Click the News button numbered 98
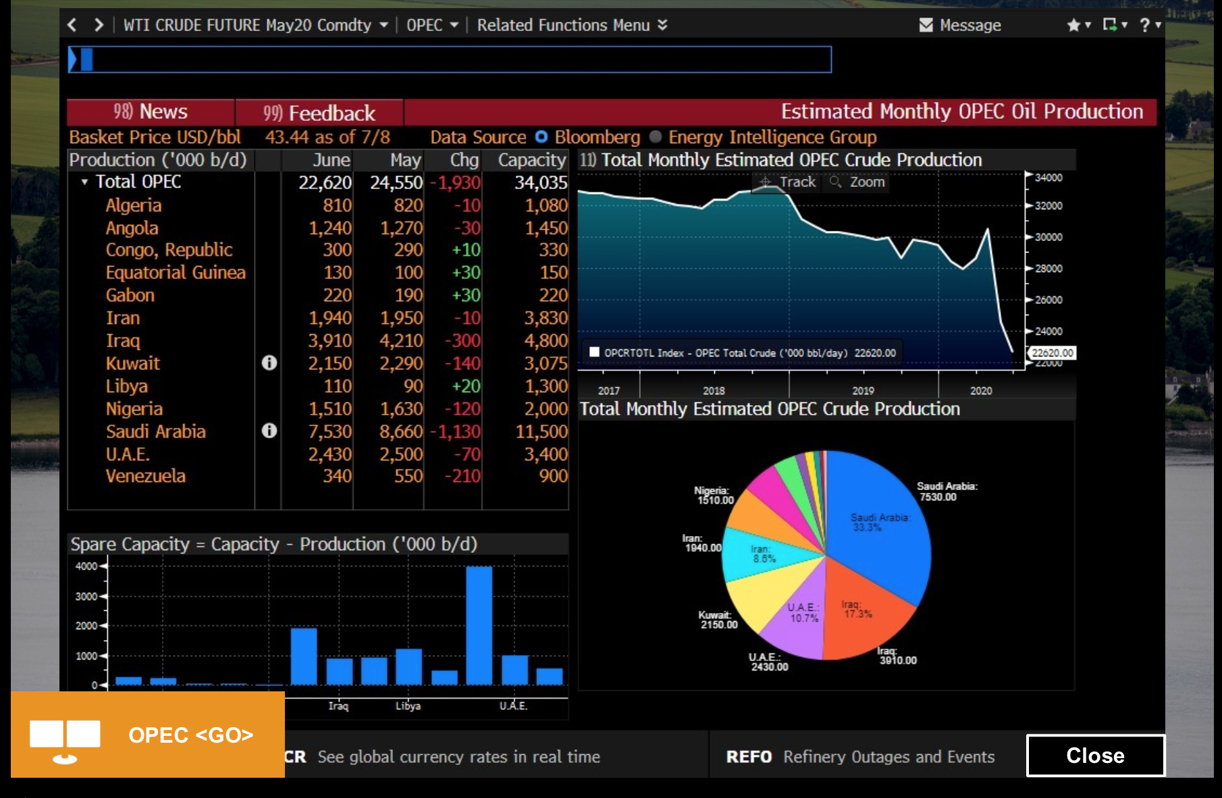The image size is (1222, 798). [151, 111]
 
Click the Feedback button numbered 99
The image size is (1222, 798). [319, 113]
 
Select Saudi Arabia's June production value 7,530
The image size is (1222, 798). [329, 431]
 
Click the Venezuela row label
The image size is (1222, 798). [145, 476]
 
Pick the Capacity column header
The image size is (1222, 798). [531, 160]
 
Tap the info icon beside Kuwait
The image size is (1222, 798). [269, 363]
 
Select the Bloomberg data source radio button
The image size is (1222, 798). [541, 137]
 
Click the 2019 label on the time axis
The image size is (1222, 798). [863, 391]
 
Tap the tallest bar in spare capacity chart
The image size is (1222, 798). [479, 624]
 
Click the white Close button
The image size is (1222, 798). [1094, 755]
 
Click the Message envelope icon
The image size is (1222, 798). [926, 25]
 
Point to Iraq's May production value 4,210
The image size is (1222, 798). [401, 341]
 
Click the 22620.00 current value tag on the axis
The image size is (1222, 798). [1052, 353]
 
